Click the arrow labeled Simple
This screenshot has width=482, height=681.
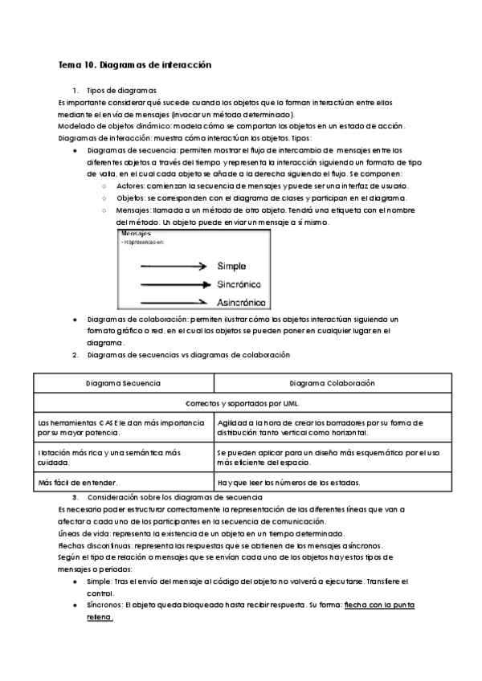coord(174,267)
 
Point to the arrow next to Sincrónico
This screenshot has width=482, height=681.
coord(174,283)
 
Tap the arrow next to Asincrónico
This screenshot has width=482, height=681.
coord(174,302)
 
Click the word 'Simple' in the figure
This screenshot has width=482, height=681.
coord(232,267)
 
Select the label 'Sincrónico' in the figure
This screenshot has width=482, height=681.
coord(239,284)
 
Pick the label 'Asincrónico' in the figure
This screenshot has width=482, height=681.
coord(242,302)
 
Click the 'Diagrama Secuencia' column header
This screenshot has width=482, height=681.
coord(124,384)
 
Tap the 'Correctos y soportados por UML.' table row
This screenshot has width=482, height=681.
coord(242,404)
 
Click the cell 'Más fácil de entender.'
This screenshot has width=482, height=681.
coord(77,482)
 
